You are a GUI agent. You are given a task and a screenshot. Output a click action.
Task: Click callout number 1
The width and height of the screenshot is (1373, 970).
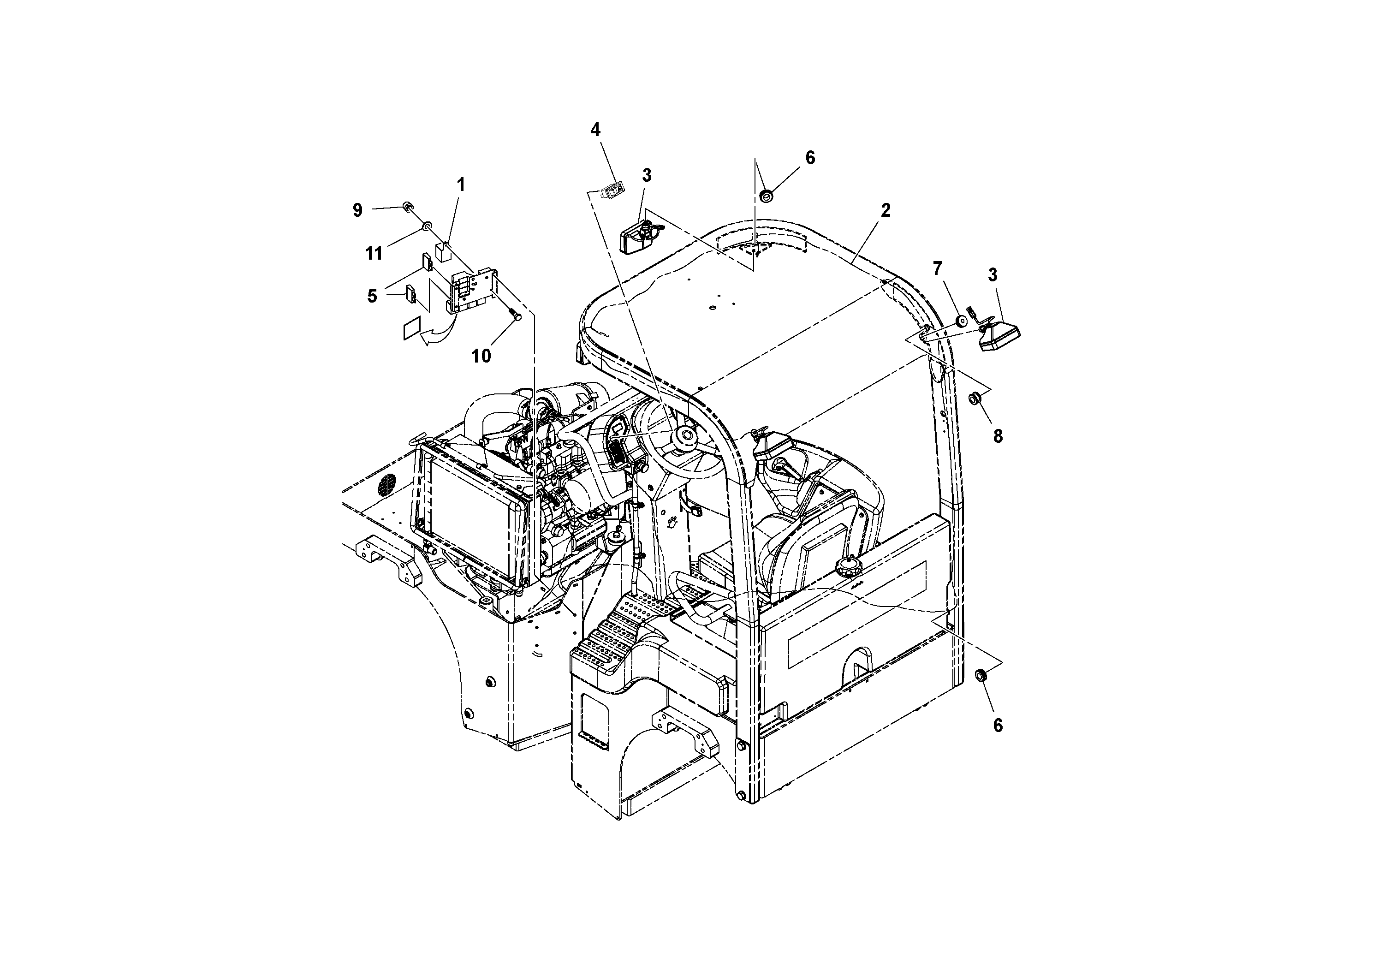(x=460, y=185)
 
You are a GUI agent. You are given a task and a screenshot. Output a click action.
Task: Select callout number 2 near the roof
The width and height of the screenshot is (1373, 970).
(x=886, y=210)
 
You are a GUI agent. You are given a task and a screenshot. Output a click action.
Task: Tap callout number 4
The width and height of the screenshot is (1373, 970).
(x=595, y=130)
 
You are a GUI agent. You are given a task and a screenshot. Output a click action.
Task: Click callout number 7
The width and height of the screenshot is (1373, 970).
(x=937, y=268)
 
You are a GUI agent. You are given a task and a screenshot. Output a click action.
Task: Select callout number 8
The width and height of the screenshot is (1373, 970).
(x=998, y=436)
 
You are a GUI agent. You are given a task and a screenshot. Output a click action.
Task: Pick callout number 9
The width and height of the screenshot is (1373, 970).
(x=357, y=210)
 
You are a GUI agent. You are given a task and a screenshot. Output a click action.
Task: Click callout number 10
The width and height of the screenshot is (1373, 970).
(x=481, y=356)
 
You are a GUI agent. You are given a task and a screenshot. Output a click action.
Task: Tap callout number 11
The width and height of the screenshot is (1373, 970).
(x=374, y=254)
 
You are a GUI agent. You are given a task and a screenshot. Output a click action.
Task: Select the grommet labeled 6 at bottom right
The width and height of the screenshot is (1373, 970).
(x=981, y=676)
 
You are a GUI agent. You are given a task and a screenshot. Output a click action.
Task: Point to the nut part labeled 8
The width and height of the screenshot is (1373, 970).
(x=974, y=398)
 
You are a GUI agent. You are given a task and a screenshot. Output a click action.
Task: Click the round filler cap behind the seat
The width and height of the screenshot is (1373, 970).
(x=847, y=565)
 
